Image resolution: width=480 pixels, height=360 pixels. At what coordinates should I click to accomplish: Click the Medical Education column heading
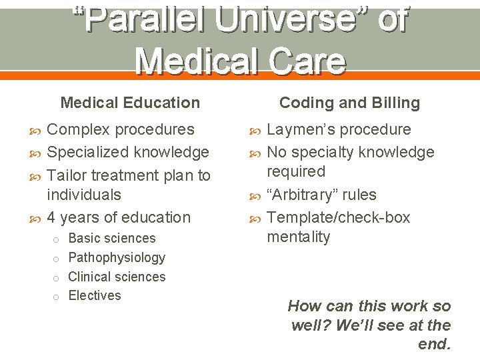(130, 103)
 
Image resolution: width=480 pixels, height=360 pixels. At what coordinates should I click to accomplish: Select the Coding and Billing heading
(349, 103)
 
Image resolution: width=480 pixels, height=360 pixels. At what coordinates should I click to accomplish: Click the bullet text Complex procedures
(121, 129)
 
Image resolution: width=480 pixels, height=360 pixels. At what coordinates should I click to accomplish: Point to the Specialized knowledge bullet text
(128, 152)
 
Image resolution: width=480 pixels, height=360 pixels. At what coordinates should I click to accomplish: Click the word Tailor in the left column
(68, 175)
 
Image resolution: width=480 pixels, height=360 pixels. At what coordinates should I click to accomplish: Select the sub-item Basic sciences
(112, 238)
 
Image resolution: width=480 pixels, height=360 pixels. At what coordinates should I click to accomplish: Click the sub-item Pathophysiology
(117, 257)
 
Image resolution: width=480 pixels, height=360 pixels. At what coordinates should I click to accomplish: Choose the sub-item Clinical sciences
(117, 277)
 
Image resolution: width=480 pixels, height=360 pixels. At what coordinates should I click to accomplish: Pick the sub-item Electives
(95, 295)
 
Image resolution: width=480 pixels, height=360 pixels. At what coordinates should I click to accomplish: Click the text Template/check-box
(338, 217)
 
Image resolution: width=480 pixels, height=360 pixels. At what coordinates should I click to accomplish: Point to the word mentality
(298, 237)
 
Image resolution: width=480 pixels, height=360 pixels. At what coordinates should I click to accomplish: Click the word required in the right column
(295, 171)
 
